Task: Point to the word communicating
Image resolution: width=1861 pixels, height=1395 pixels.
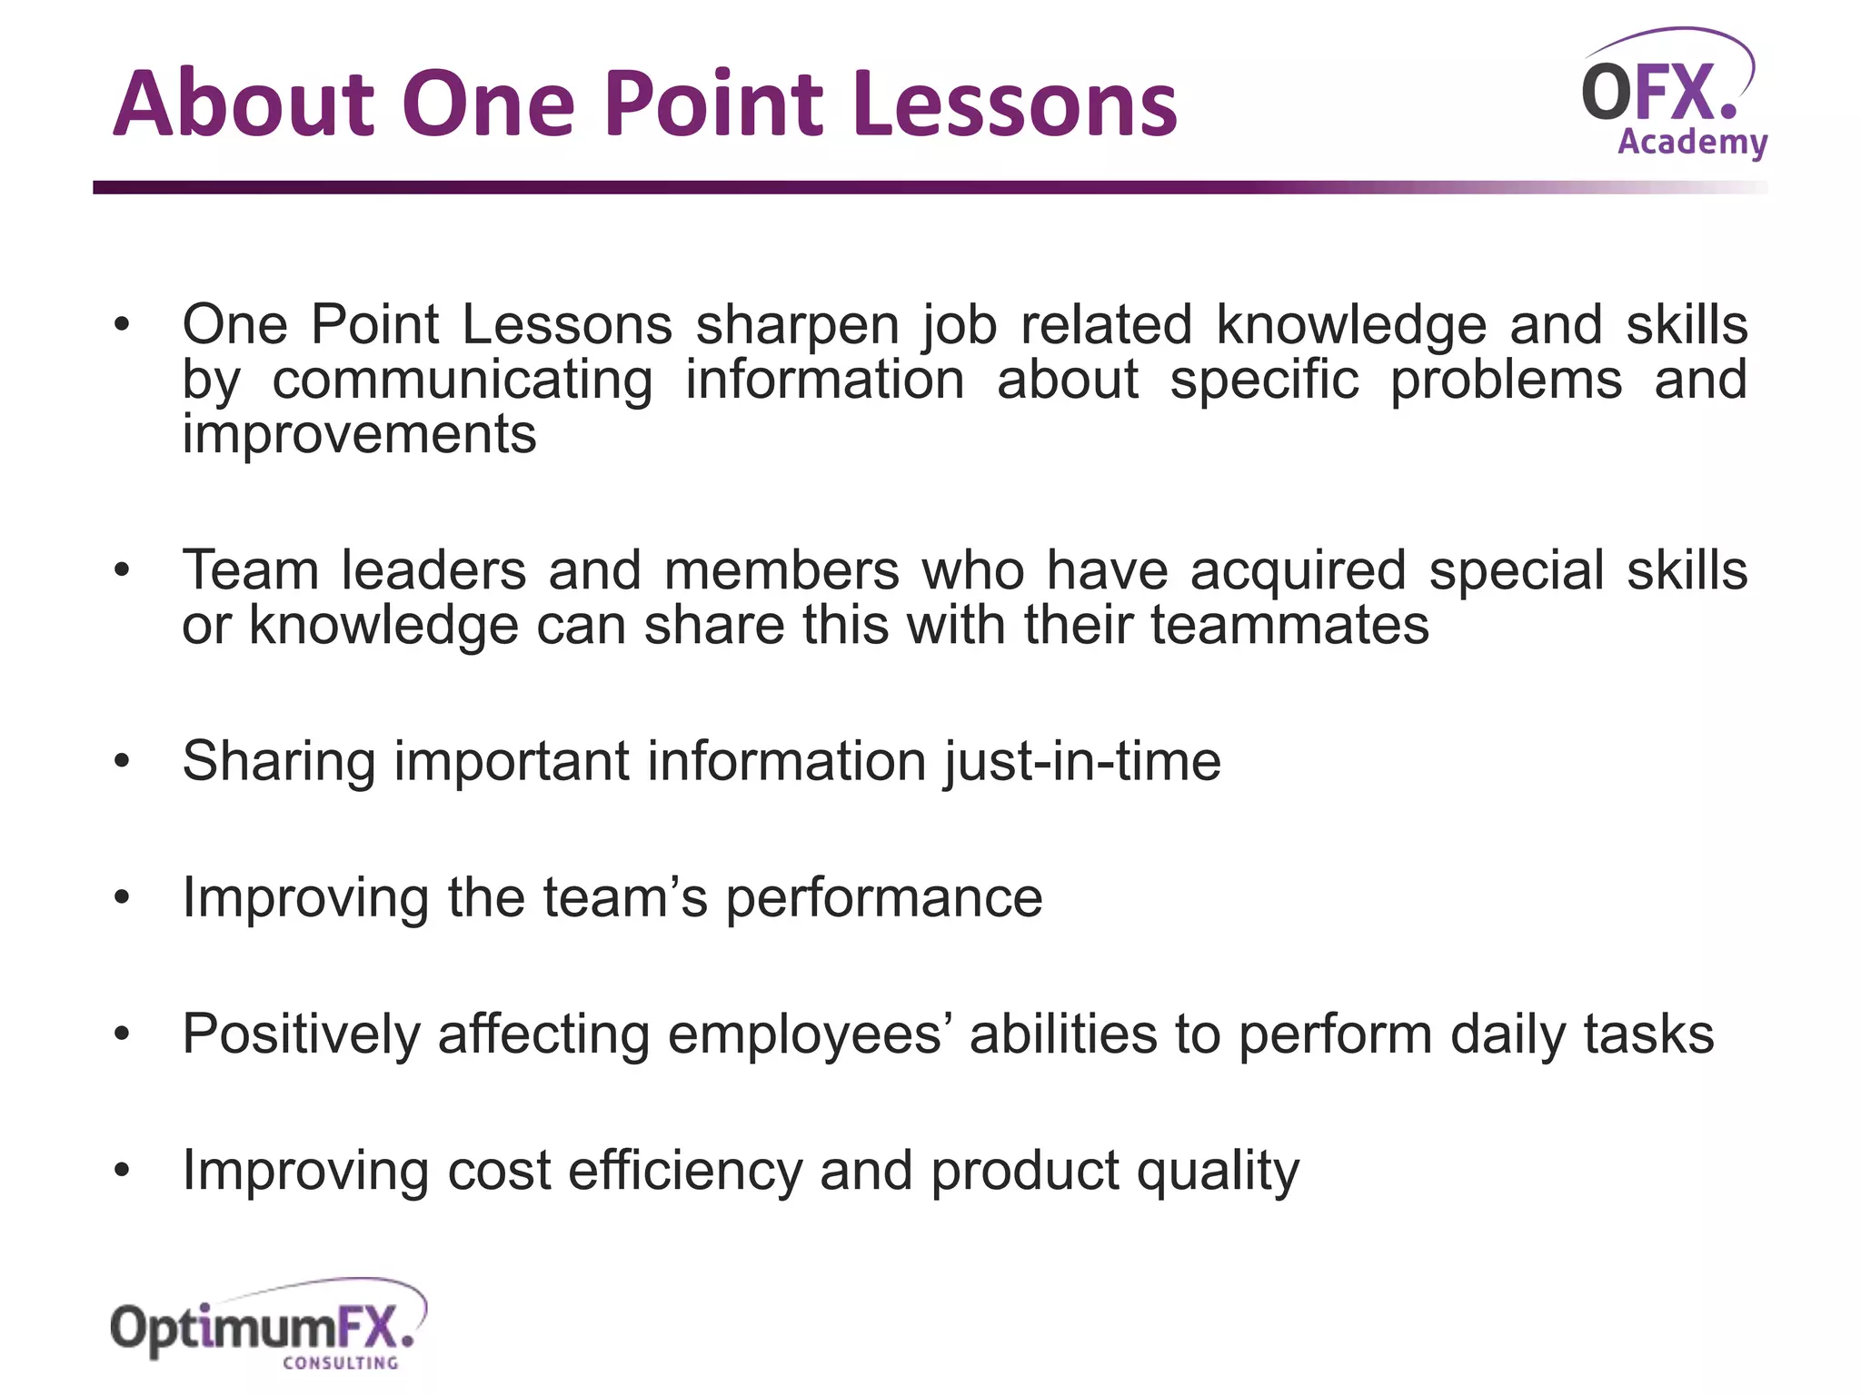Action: [463, 380]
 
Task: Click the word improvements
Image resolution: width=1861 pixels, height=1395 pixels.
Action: [359, 434]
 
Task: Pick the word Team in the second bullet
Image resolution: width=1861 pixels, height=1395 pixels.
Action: [250, 570]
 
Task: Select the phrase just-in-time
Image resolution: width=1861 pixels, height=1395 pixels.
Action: [1081, 761]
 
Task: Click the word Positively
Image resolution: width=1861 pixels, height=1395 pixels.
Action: [301, 1034]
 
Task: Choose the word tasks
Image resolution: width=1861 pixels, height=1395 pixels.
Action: [1648, 1034]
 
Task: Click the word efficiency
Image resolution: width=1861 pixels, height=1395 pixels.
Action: [685, 1171]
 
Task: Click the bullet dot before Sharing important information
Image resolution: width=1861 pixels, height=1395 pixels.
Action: [123, 762]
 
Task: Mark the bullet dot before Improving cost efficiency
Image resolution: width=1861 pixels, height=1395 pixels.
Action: [123, 1171]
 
